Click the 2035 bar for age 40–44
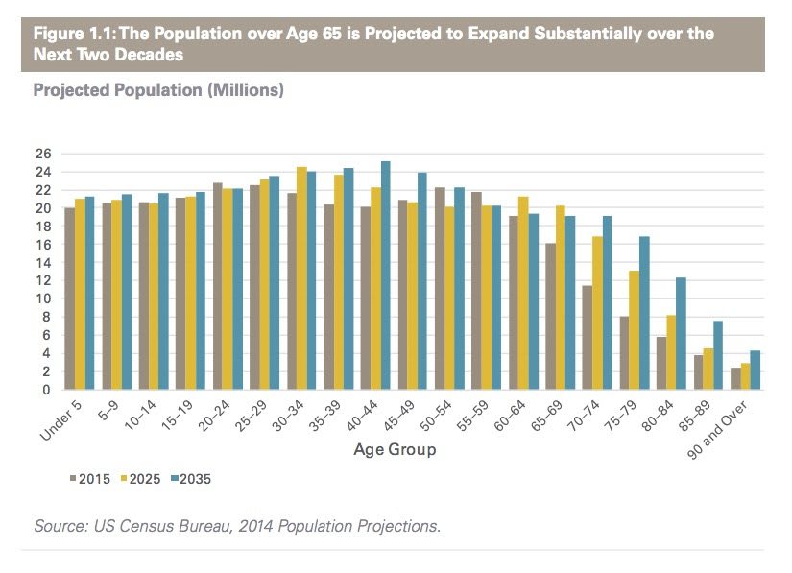click(x=385, y=275)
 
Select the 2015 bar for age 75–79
click(x=624, y=353)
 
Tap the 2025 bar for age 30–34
click(x=300, y=278)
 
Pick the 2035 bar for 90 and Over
click(x=756, y=370)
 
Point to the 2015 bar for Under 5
click(x=69, y=298)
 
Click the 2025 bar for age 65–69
click(x=560, y=298)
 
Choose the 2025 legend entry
click(x=142, y=478)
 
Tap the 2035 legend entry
click(x=190, y=478)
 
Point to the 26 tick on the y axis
click(x=42, y=154)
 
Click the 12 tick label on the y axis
click(x=42, y=281)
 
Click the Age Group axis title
click(x=395, y=449)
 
